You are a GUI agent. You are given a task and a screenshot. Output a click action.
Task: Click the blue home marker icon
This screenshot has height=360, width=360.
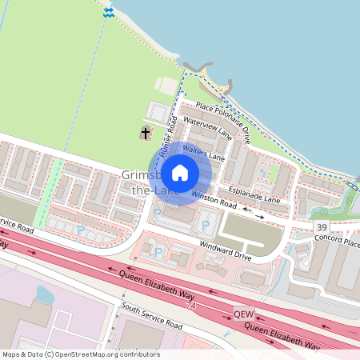(180, 172)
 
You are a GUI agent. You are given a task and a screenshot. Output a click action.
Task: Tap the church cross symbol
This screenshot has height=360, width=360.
(146, 133)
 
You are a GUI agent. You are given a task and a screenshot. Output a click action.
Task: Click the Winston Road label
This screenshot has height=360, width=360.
(218, 205)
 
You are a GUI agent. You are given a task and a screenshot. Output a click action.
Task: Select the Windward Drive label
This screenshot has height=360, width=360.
(226, 252)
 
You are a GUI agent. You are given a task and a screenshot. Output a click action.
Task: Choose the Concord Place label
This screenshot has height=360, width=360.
(337, 241)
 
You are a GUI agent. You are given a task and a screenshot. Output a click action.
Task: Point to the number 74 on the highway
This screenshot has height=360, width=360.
(190, 306)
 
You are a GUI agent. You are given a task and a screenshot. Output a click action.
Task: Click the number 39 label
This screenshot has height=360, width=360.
(321, 229)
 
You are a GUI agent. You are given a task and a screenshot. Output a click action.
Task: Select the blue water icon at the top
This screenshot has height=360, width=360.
(108, 12)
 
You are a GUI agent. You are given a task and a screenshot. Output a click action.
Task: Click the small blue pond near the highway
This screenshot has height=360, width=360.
(44, 296)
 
